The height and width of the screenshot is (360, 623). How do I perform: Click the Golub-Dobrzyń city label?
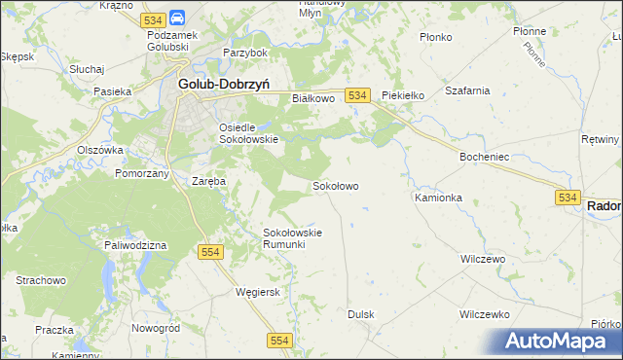(224, 84)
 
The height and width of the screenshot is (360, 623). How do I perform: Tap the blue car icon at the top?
(178, 18)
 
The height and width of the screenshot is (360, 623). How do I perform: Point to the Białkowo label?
(313, 98)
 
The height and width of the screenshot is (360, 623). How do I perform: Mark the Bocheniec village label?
(484, 156)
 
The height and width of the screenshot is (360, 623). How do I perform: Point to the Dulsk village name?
(361, 314)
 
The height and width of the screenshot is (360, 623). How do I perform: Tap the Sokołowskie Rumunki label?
(292, 238)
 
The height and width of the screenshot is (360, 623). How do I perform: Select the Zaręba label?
(208, 181)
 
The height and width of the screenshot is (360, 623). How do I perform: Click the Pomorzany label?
(142, 172)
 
